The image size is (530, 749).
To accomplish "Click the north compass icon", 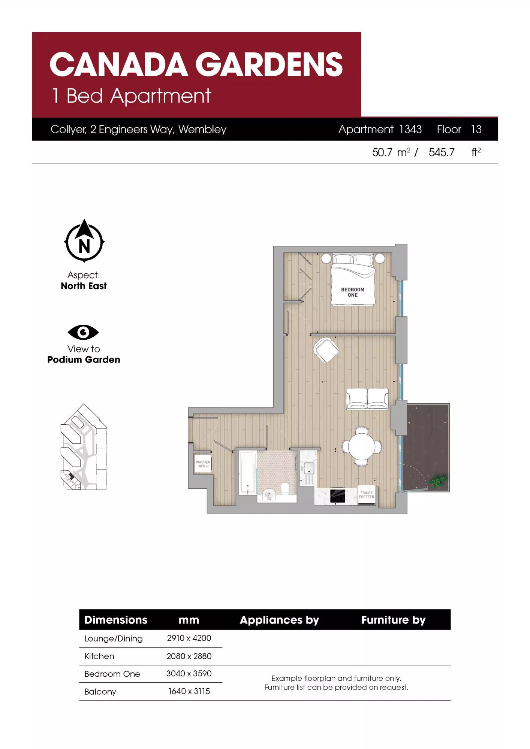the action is pos(84,240).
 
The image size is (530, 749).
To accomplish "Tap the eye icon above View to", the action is pos(83,332).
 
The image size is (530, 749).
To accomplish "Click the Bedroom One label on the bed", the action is pos(352,292).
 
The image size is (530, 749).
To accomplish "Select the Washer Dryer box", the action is pos(203,464).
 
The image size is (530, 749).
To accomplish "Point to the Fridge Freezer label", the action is pos(366,495).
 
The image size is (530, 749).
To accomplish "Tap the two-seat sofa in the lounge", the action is pos(367,399).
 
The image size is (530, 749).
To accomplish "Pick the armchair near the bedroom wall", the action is pos(326,350).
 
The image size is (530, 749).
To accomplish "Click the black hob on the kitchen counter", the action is pos(337,496).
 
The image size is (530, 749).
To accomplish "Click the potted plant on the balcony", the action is pos(437,481).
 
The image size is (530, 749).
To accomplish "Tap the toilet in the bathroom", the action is pos(285,488).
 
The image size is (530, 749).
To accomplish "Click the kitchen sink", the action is pos(309,468).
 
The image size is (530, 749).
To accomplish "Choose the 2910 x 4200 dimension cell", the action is pos(189,638).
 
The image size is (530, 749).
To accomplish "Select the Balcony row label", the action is pos(100,692).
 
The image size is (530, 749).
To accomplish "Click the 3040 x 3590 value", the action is pos(189,673).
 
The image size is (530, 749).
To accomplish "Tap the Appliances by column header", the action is pos(279,620).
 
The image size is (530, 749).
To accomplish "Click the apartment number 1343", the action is pos(410,129).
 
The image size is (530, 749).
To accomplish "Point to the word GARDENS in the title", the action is pos(269,64).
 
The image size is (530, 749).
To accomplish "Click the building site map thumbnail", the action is pos(84,447).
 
